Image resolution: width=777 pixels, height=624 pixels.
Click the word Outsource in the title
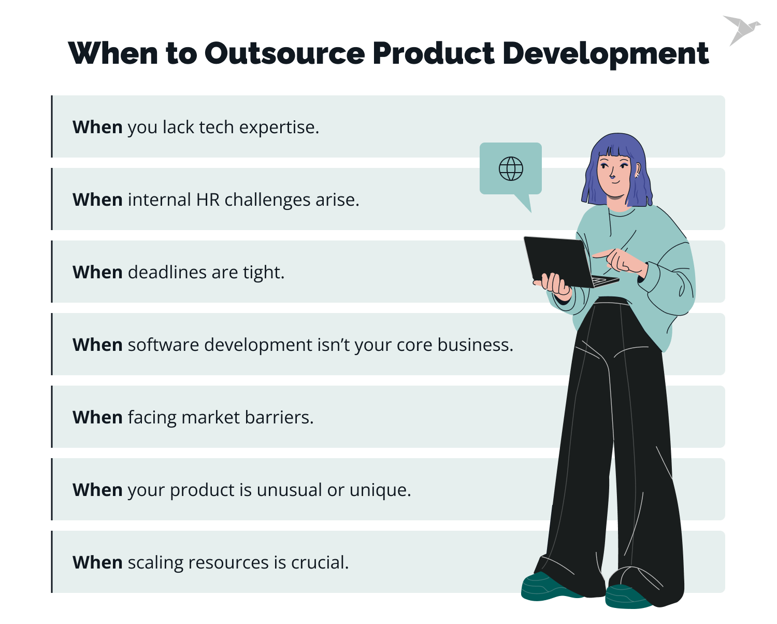point(284,53)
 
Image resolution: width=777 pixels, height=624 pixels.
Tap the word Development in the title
point(605,53)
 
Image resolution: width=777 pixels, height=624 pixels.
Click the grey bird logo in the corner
point(741,30)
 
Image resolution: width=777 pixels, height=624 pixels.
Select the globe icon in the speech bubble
point(511,168)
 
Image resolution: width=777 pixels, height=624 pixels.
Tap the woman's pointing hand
point(619,259)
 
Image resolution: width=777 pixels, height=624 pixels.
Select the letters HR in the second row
point(208,200)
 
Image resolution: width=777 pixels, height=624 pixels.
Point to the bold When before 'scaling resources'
point(97,563)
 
